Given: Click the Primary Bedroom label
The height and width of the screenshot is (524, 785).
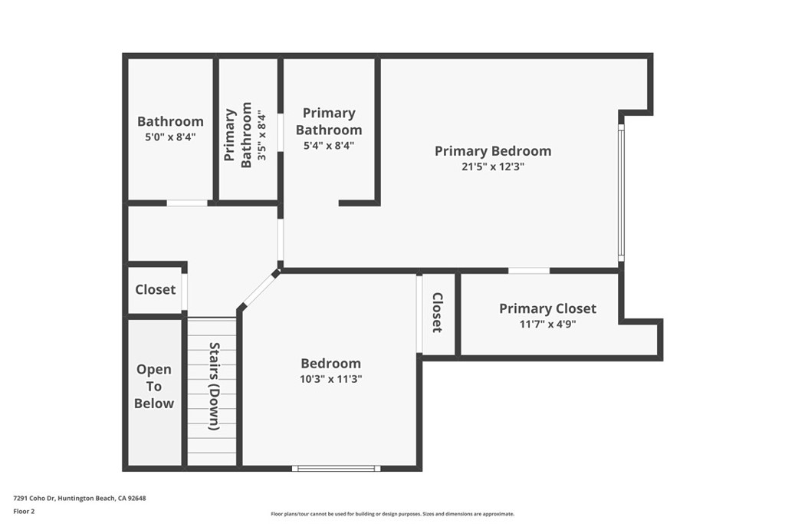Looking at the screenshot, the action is [493, 151].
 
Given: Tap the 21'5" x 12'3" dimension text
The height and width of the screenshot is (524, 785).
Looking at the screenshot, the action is [493, 166].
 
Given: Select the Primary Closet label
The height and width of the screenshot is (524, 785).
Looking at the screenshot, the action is [547, 308].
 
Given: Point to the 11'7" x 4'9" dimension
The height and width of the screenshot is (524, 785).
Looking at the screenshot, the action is [547, 324].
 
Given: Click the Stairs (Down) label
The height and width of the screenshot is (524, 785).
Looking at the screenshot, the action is [215, 386].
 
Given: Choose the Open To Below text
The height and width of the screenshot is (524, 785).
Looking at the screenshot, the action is [154, 386].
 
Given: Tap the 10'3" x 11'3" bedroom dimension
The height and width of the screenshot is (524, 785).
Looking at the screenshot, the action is [331, 379].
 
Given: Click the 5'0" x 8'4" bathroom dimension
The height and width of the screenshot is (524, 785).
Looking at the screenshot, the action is [170, 137].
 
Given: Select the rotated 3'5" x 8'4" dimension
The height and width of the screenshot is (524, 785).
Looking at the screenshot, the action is [262, 135].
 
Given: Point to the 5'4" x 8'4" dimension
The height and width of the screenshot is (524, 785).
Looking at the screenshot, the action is [329, 146].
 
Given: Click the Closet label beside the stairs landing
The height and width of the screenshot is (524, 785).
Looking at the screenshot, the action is [155, 289].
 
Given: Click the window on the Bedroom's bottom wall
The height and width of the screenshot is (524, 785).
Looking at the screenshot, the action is [336, 469].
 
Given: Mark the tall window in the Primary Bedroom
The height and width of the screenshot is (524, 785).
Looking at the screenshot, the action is [621, 193].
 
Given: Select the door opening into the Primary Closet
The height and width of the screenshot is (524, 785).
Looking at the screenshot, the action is [529, 271].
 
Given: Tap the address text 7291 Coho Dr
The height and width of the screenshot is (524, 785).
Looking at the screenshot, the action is [34, 499].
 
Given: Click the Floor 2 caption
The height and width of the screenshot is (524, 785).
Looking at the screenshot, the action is [24, 512].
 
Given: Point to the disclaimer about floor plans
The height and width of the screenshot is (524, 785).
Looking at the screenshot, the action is [392, 514].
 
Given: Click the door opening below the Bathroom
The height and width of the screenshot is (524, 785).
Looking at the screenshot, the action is [187, 203].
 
